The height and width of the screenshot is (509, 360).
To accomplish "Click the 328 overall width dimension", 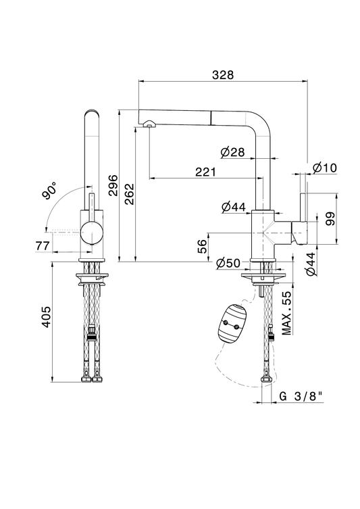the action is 223,74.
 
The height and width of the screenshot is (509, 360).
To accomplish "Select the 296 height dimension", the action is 113,185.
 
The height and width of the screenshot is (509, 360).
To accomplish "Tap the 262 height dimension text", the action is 130,194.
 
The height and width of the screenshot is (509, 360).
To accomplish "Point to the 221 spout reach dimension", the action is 205,172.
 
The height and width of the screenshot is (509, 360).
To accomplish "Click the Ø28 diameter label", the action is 233,152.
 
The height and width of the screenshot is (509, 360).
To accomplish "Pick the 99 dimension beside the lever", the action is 330,218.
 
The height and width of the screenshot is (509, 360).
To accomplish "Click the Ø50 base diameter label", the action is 228,263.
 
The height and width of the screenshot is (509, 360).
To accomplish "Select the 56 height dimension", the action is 202,246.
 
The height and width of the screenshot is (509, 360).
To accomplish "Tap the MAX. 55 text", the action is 287,312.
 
